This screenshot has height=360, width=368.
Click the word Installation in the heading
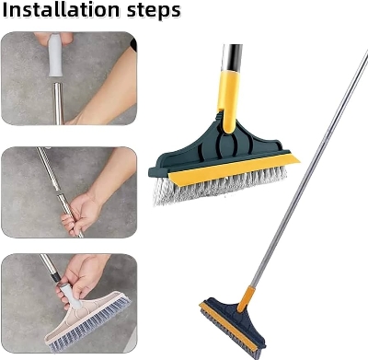65,12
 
